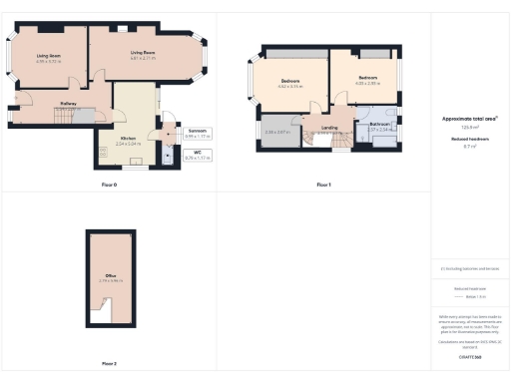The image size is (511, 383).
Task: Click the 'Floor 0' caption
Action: [x=109, y=186]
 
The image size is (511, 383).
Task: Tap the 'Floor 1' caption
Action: [x=323, y=186]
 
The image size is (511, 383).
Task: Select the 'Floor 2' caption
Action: [x=109, y=363]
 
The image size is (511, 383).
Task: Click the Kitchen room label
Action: [x=129, y=141]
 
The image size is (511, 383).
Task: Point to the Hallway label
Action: [x=69, y=104]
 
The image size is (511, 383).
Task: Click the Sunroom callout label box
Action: [x=198, y=133]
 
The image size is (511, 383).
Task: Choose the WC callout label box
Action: [x=198, y=155]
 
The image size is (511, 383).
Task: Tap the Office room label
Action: [x=111, y=277]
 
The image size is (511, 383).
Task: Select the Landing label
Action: [x=328, y=128]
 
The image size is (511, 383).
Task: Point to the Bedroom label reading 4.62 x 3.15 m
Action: [x=290, y=83]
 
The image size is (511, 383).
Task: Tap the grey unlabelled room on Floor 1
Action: [x=276, y=132]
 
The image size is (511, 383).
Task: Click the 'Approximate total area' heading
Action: [x=469, y=119]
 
